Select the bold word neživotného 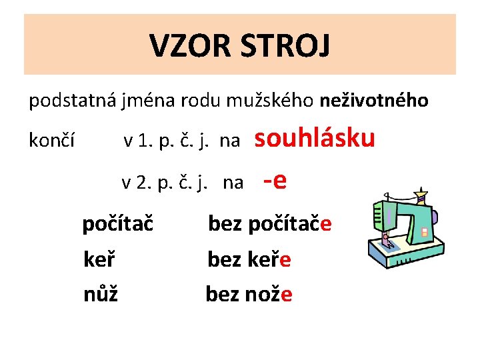[x=374, y=101]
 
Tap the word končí [x=51, y=141]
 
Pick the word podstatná [x=71, y=101]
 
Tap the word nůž [x=100, y=293]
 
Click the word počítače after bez [x=289, y=225]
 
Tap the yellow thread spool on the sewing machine [x=420, y=197]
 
